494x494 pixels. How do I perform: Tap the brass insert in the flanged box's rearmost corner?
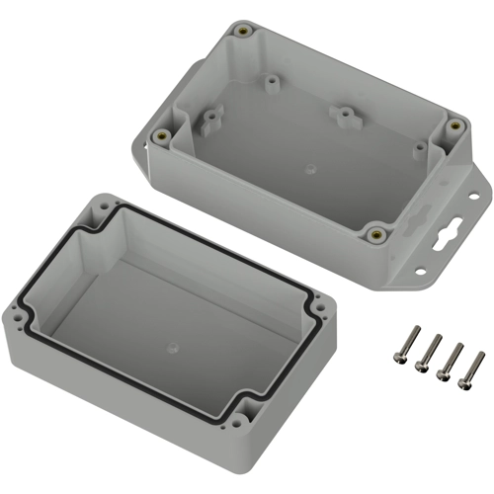point(242,32)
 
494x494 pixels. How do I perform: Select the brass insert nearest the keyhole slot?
point(375,234)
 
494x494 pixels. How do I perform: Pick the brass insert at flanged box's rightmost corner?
point(454,126)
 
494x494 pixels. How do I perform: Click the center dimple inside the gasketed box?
point(174,348)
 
